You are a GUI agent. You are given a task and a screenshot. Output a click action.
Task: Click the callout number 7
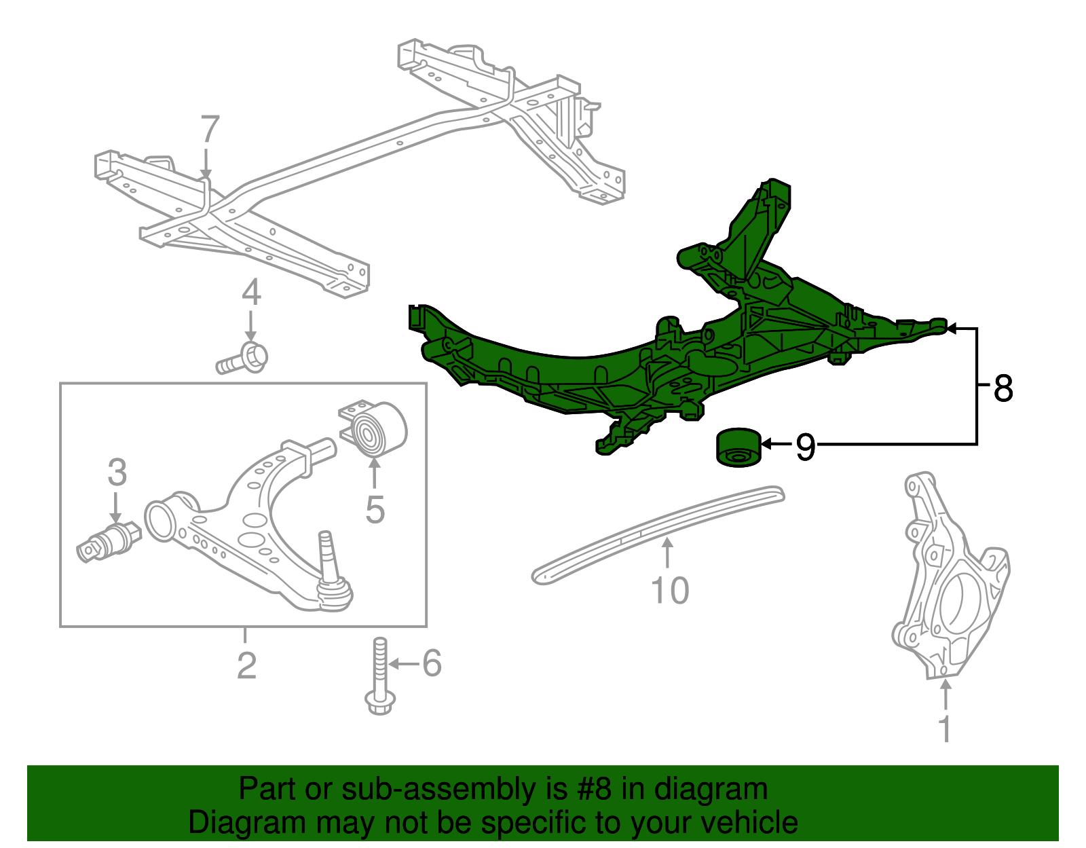(x=210, y=130)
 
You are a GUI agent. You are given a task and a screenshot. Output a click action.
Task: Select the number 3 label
(x=117, y=473)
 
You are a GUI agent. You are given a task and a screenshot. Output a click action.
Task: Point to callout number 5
(x=375, y=509)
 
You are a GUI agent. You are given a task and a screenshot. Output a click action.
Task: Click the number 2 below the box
(x=246, y=665)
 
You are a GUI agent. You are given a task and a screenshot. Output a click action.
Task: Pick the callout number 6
(x=432, y=663)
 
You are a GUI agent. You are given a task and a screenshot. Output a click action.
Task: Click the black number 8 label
(x=1003, y=389)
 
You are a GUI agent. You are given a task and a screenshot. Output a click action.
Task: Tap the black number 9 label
(x=805, y=447)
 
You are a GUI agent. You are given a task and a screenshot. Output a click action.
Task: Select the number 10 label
(x=669, y=591)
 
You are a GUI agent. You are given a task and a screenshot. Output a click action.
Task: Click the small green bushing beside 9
(x=738, y=448)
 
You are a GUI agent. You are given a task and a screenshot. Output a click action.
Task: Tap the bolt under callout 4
(x=243, y=359)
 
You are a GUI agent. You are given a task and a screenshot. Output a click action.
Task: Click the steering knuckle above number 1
(x=950, y=584)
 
